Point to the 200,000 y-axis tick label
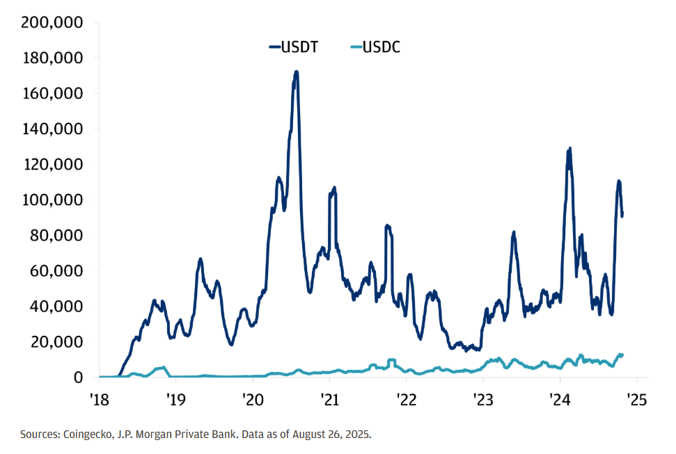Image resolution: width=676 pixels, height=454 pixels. click(52, 22)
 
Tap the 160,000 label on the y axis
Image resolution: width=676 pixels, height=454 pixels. click(52, 93)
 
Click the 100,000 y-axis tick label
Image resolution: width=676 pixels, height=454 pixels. click(52, 200)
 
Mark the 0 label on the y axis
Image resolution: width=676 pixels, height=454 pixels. click(78, 377)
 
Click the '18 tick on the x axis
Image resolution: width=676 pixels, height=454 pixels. click(100, 400)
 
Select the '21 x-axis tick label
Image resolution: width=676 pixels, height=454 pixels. click(329, 400)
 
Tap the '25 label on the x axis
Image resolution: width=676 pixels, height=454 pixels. click(637, 400)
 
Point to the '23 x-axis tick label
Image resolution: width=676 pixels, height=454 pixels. click(483, 400)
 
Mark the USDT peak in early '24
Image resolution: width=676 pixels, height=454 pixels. click(569, 149)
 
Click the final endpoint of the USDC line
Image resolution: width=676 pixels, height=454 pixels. click(622, 355)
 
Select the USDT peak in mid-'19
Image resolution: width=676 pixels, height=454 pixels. click(201, 259)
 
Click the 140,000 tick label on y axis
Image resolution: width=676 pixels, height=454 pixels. click(52, 129)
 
